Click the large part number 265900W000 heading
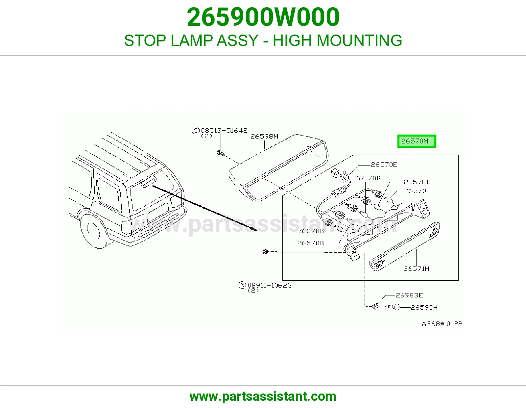[x=263, y=17]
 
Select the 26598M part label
[x=264, y=137]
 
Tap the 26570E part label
[x=384, y=165]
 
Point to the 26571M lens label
[x=416, y=268]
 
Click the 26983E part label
[x=409, y=295]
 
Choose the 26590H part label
[x=424, y=307]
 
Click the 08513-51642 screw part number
[x=224, y=130]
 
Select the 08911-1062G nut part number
[x=270, y=285]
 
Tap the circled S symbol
[x=196, y=131]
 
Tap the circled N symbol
[x=242, y=285]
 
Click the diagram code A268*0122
[x=442, y=324]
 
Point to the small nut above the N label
[x=265, y=252]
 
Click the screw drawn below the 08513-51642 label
[x=221, y=153]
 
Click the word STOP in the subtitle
[x=145, y=40]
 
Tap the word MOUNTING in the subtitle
[x=359, y=40]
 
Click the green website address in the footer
[x=263, y=396]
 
